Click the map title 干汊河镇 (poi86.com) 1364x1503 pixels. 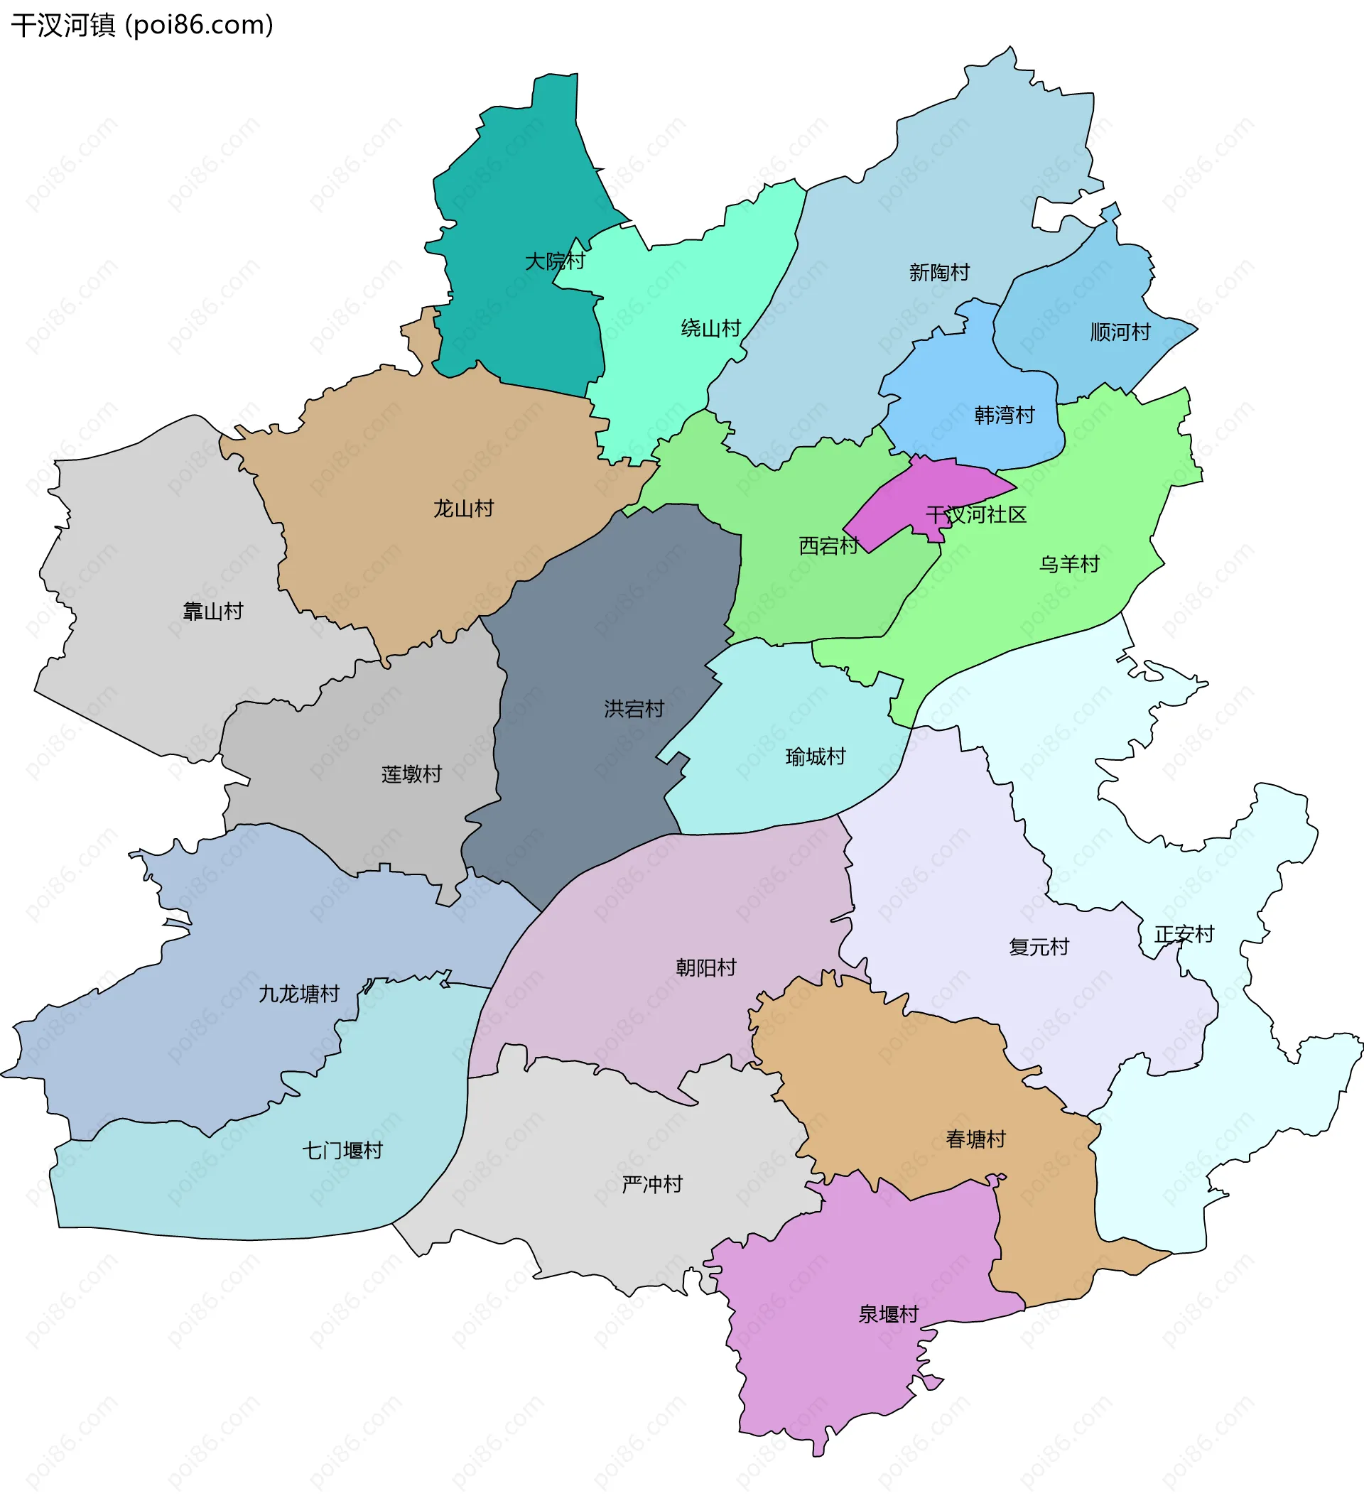pyautogui.click(x=141, y=26)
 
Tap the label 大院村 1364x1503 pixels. pyautogui.click(x=555, y=261)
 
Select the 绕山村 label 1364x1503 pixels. pyautogui.click(x=710, y=328)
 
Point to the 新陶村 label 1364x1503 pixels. pyautogui.click(x=939, y=272)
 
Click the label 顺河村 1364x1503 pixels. pyautogui.click(x=1120, y=332)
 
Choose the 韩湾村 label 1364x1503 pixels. pyautogui.click(x=1005, y=415)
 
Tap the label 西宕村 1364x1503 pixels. pyautogui.click(x=828, y=546)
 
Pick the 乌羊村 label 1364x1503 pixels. pyautogui.click(x=1069, y=564)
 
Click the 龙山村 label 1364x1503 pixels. pyautogui.click(x=463, y=509)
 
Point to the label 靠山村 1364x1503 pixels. pyautogui.click(x=213, y=612)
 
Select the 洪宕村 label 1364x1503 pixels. pyautogui.click(x=634, y=708)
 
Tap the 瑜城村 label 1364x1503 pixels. pyautogui.click(x=815, y=756)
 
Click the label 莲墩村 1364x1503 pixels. pyautogui.click(x=411, y=774)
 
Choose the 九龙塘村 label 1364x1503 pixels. pyautogui.click(x=298, y=994)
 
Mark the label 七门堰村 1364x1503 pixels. pyautogui.click(x=342, y=1151)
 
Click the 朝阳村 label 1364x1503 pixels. pyautogui.click(x=705, y=967)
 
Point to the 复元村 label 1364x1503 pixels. pyautogui.click(x=1039, y=947)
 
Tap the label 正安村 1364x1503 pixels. pyautogui.click(x=1184, y=934)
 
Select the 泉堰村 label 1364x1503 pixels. pyautogui.click(x=888, y=1314)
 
